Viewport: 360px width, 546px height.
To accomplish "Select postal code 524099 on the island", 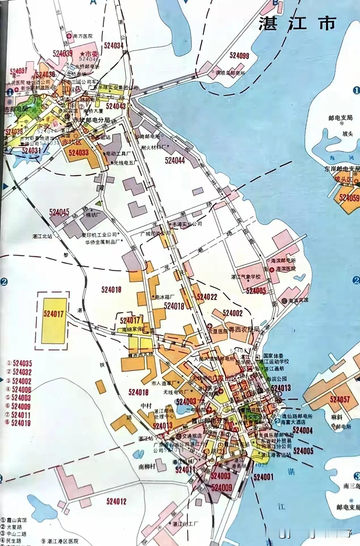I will click(x=239, y=56).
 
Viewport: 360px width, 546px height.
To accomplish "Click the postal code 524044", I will click(x=175, y=161).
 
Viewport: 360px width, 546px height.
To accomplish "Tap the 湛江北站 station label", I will click(x=43, y=236).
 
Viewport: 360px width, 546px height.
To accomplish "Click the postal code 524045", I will click(x=59, y=212).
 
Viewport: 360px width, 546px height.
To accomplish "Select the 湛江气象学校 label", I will click(x=246, y=277).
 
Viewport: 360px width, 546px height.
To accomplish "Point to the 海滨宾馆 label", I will click(x=298, y=300).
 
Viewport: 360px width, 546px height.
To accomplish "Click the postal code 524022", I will click(x=207, y=297).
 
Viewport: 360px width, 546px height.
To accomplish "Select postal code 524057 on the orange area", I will click(x=340, y=400).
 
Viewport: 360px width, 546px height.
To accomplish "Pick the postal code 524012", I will click(x=117, y=501).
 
